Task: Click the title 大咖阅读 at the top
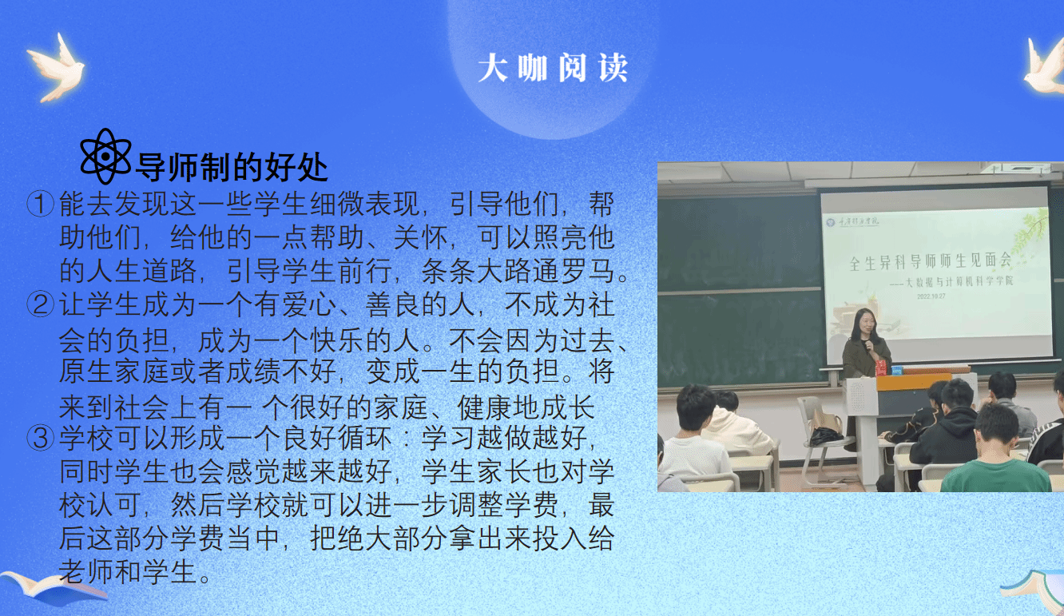pos(553,68)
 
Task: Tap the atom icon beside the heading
pos(105,157)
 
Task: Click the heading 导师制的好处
pos(232,167)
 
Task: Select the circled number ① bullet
pos(41,205)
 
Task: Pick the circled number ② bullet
pos(41,304)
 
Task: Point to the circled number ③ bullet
pos(41,438)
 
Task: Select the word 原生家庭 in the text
pos(114,372)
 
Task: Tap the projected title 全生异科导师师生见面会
pos(930,260)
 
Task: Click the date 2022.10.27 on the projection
pos(931,296)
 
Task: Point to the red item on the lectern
pos(881,368)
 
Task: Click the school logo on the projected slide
pos(831,222)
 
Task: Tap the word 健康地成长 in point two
pos(526,407)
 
